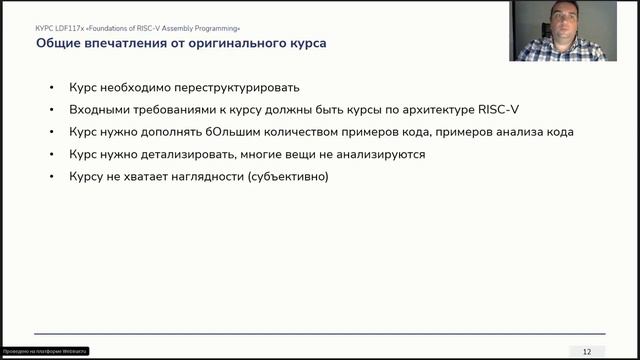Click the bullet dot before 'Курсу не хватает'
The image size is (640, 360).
(52, 177)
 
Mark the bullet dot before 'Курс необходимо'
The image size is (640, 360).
(52, 87)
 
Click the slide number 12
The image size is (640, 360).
(587, 350)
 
